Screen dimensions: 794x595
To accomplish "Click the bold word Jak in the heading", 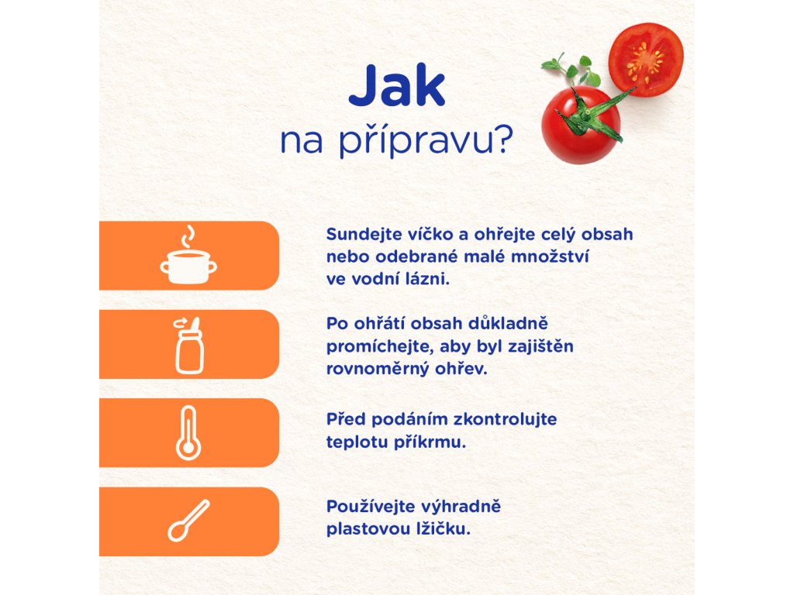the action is (396, 85).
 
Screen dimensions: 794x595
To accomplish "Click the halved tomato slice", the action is (646, 60).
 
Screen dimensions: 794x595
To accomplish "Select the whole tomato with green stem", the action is (581, 125).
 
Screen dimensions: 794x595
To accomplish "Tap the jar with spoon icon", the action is (189, 346).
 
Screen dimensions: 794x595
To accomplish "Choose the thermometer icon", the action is (188, 433).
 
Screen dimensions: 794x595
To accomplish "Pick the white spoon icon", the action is (188, 521).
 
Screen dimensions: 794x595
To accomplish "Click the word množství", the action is (550, 257).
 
